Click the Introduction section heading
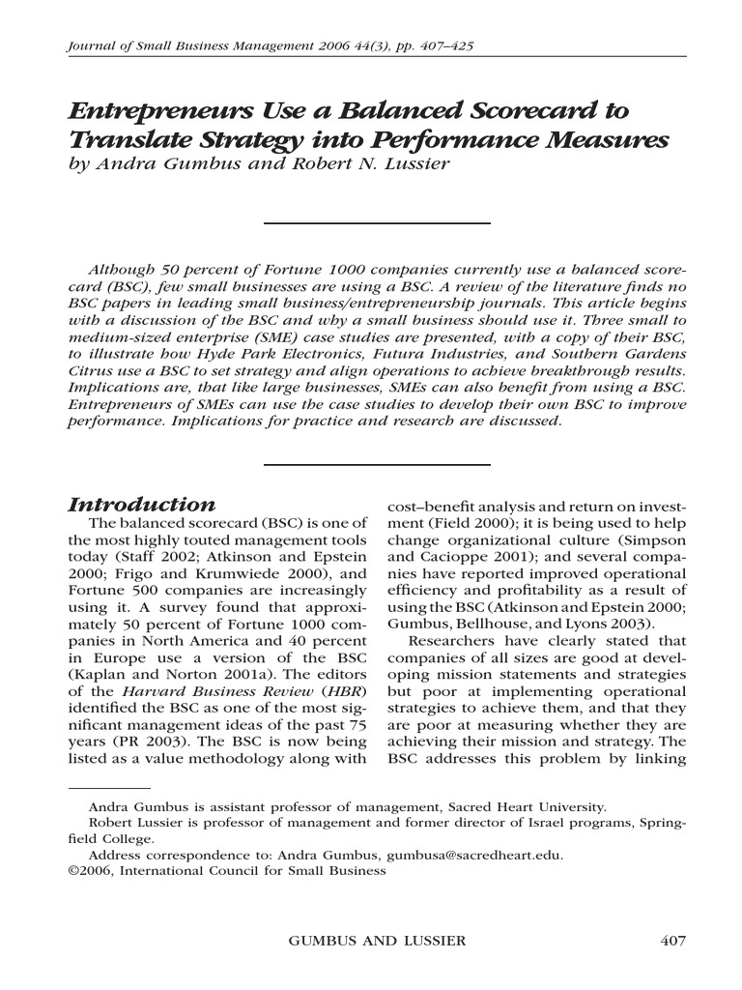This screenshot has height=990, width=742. coord(141,506)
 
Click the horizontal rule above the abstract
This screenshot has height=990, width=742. coord(377,222)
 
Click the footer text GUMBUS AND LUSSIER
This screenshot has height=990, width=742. coord(372,941)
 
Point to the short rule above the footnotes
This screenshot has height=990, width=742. coord(109,788)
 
